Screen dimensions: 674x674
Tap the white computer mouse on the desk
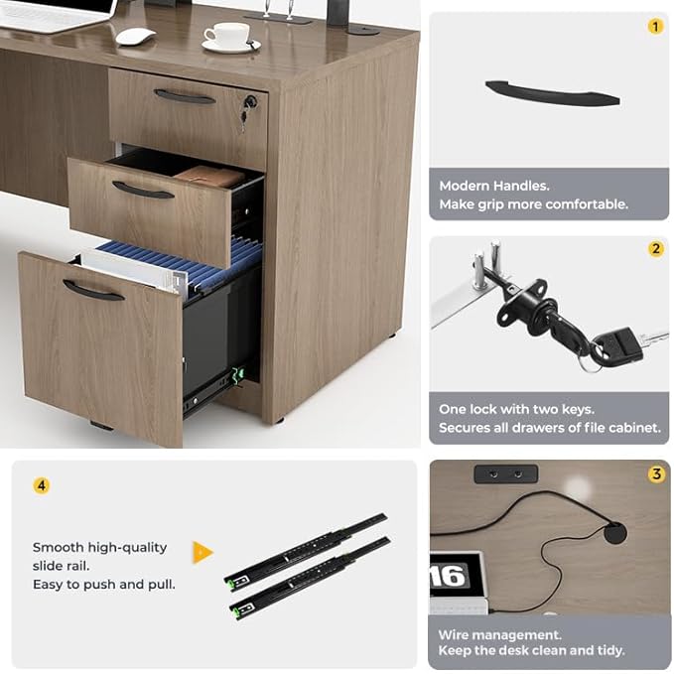coord(135,36)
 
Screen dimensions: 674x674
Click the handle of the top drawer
coord(185,96)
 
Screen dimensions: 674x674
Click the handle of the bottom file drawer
coord(93,290)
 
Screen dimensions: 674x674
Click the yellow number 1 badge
coord(654,27)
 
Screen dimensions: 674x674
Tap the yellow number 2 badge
coord(655,249)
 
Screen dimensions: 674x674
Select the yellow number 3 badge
coord(655,474)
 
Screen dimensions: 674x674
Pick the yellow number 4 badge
coord(41,485)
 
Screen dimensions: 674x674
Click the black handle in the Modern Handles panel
coord(552,93)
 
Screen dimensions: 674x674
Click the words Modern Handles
coord(493,186)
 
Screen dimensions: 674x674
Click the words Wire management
coord(499,634)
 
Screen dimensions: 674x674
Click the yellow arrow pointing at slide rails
coord(202,553)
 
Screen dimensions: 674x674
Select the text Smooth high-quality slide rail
coord(99,556)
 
